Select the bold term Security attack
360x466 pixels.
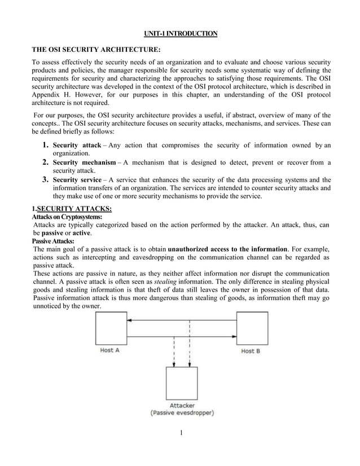[x=77, y=146]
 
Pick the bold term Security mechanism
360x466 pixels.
[x=85, y=162]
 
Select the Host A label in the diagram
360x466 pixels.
[x=110, y=350]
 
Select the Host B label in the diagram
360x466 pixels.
[x=251, y=351]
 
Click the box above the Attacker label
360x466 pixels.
[x=181, y=383]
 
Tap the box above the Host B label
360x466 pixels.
[x=251, y=328]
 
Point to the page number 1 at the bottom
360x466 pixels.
[x=180, y=433]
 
